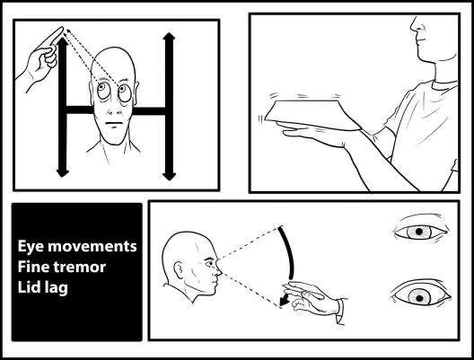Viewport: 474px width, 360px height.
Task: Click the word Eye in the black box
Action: [x=32, y=245]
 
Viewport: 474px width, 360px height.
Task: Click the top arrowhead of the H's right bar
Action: [x=167, y=37]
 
